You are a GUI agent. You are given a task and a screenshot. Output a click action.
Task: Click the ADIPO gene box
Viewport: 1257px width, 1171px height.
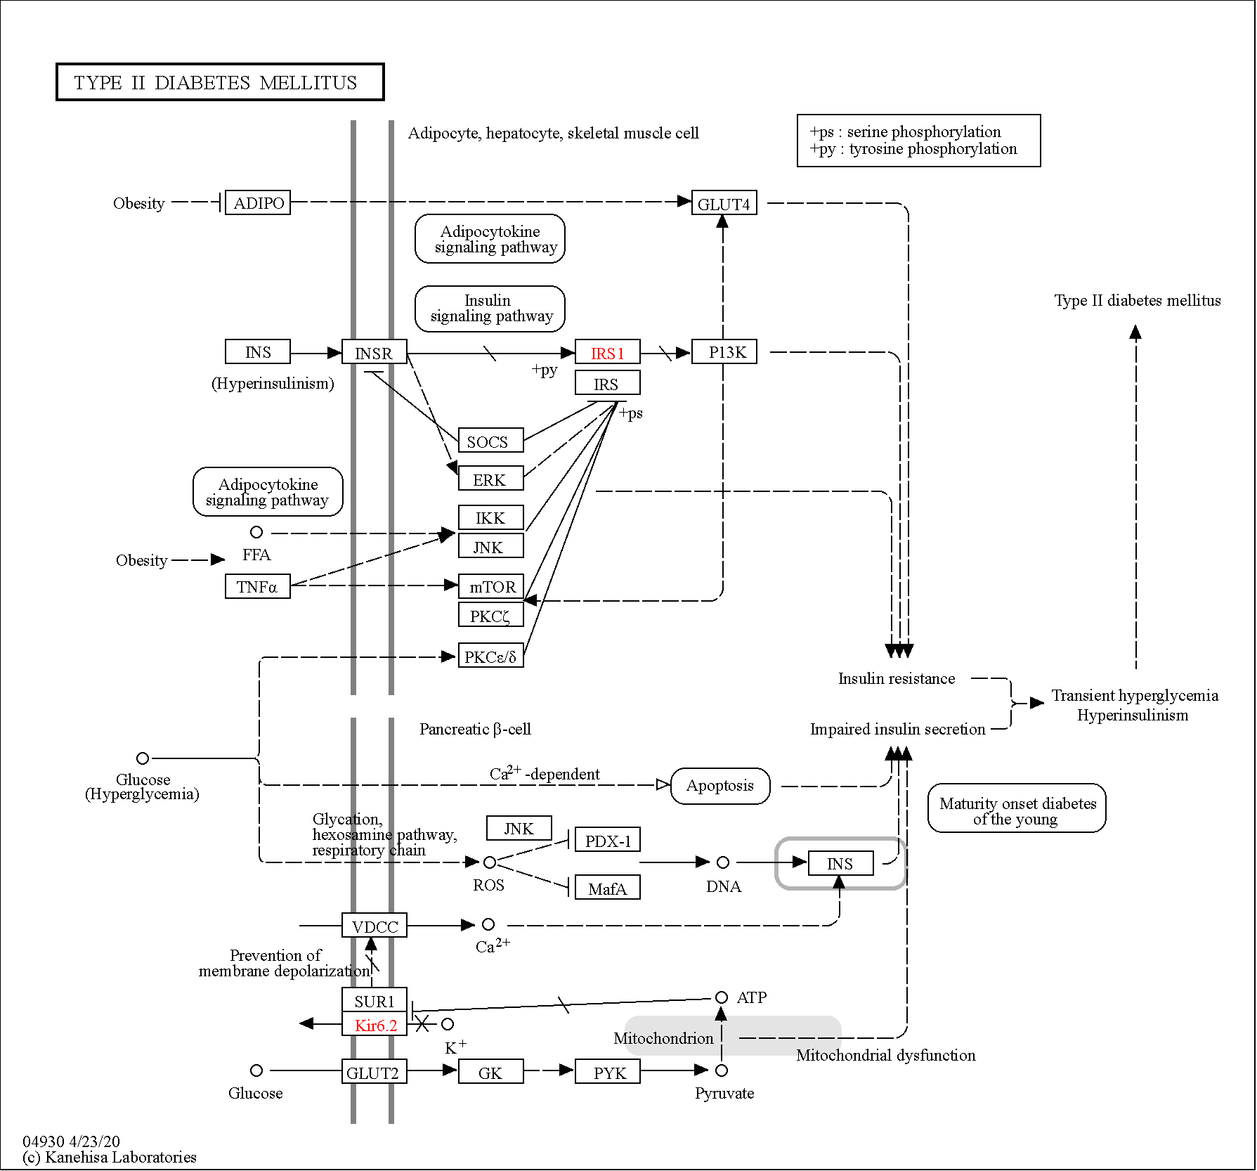click(x=258, y=202)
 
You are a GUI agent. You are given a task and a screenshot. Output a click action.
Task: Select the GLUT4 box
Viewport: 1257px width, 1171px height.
click(x=724, y=202)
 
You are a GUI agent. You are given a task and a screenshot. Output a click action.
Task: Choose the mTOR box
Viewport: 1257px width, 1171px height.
click(x=491, y=586)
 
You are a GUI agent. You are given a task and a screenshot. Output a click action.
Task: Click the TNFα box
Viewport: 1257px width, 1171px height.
click(x=258, y=586)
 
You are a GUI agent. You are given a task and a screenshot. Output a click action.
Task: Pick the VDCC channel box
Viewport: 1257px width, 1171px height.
click(x=375, y=925)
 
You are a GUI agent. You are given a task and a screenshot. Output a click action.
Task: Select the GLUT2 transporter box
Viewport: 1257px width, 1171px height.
click(x=375, y=1071)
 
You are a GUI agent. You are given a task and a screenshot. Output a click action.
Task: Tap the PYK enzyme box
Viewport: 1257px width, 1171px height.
click(x=608, y=1071)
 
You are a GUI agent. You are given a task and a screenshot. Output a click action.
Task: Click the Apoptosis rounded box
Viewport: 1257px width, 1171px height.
click(x=721, y=786)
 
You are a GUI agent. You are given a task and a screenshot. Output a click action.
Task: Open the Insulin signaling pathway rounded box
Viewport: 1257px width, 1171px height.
click(x=490, y=309)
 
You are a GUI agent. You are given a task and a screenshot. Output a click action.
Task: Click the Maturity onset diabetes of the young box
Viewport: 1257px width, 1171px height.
click(x=1017, y=808)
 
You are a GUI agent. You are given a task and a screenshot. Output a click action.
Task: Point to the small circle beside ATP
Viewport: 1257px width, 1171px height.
click(x=722, y=997)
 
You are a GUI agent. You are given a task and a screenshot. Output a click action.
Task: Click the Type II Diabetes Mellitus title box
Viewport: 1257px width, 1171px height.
click(x=220, y=82)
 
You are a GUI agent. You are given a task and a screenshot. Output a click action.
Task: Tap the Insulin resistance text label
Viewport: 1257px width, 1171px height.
click(x=897, y=678)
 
